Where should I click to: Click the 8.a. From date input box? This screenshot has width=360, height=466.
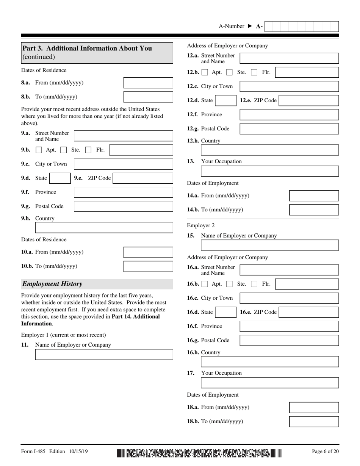click(148, 83)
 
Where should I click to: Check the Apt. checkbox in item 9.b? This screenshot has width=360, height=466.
click(39, 150)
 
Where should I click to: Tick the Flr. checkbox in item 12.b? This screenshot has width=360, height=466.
click(254, 72)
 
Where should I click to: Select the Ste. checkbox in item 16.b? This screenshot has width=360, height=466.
click(229, 284)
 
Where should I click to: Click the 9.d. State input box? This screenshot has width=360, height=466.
click(59, 178)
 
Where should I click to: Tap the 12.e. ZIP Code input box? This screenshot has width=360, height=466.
click(308, 101)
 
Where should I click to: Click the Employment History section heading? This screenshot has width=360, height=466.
click(52, 284)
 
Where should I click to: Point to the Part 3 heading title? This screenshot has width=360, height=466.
click(87, 48)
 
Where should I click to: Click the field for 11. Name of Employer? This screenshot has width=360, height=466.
click(104, 355)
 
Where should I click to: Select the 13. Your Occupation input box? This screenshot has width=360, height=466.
click(269, 171)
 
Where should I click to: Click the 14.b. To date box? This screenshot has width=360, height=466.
click(314, 210)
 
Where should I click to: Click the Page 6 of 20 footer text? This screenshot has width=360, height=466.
click(325, 451)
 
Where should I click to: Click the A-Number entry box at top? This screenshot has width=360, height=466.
click(301, 27)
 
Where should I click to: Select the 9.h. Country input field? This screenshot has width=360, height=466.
click(104, 228)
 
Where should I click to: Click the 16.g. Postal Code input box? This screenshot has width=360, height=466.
click(289, 341)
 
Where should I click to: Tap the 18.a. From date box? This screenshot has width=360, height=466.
click(314, 408)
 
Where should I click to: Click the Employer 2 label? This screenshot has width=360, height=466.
click(200, 225)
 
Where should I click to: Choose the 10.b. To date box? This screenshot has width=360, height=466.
click(148, 266)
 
